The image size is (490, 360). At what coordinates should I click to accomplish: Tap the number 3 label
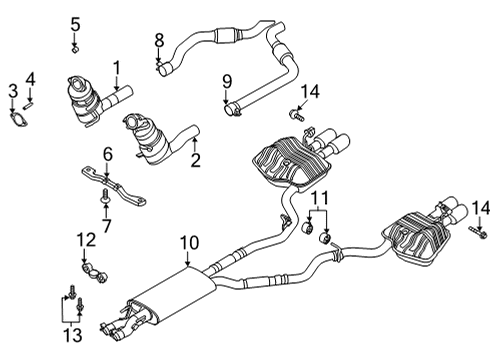[13, 92]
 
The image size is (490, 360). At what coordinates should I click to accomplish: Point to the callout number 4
[30, 78]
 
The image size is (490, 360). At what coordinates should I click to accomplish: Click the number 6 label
[106, 153]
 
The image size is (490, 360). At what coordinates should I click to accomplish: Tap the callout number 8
[158, 40]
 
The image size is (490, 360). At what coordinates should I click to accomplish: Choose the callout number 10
[187, 243]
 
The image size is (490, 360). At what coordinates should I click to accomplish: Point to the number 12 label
[86, 238]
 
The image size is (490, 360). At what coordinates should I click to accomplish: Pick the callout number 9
[226, 79]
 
